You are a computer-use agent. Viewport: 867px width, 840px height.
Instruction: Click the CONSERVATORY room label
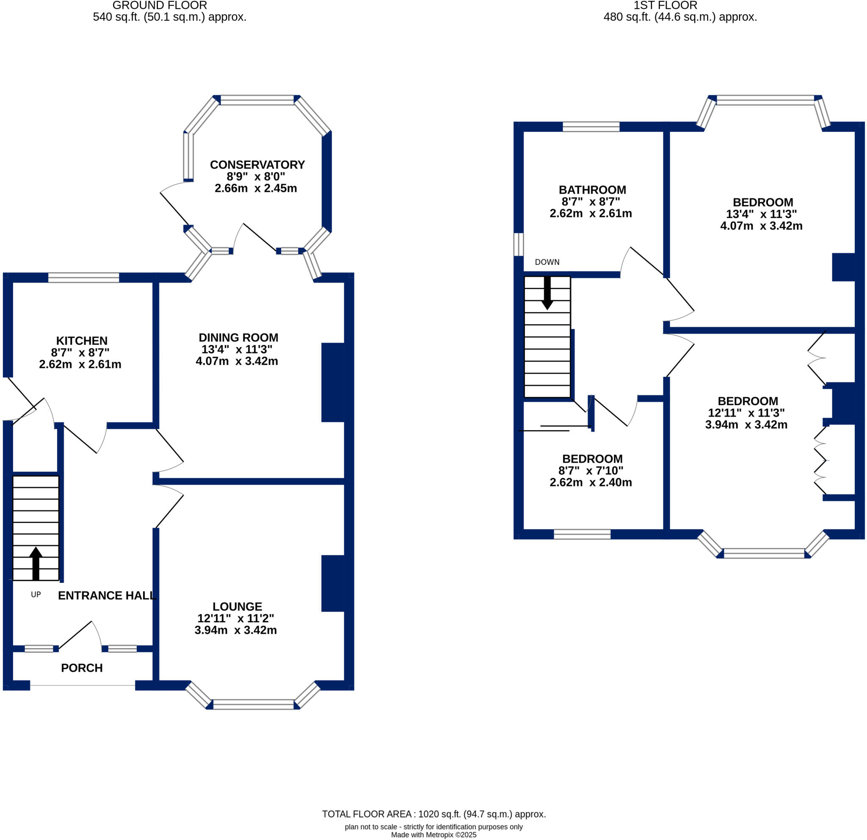tap(257, 165)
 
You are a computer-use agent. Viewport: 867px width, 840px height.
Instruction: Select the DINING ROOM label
tap(238, 337)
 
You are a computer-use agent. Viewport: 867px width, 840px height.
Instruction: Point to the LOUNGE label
tap(237, 606)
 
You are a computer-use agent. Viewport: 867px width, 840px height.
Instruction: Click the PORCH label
tap(82, 668)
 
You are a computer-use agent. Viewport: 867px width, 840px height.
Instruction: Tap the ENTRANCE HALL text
tap(107, 595)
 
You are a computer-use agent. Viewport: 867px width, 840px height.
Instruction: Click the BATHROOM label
tap(592, 189)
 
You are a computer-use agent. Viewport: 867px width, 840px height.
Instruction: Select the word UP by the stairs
tap(36, 595)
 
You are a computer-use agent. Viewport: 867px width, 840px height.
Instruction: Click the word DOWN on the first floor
tap(547, 262)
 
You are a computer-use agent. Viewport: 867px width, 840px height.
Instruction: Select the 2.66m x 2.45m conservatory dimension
tap(256, 188)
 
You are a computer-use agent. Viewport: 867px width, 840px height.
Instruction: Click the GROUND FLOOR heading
tap(160, 6)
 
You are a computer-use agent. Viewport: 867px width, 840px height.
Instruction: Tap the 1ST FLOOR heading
tap(665, 6)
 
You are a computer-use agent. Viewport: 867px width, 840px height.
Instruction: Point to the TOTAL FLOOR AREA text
tap(433, 814)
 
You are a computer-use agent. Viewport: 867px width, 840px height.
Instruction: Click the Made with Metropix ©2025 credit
tap(433, 834)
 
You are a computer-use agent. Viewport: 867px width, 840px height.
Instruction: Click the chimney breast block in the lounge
tap(333, 583)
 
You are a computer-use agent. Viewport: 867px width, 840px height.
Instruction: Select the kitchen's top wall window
tap(83, 278)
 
